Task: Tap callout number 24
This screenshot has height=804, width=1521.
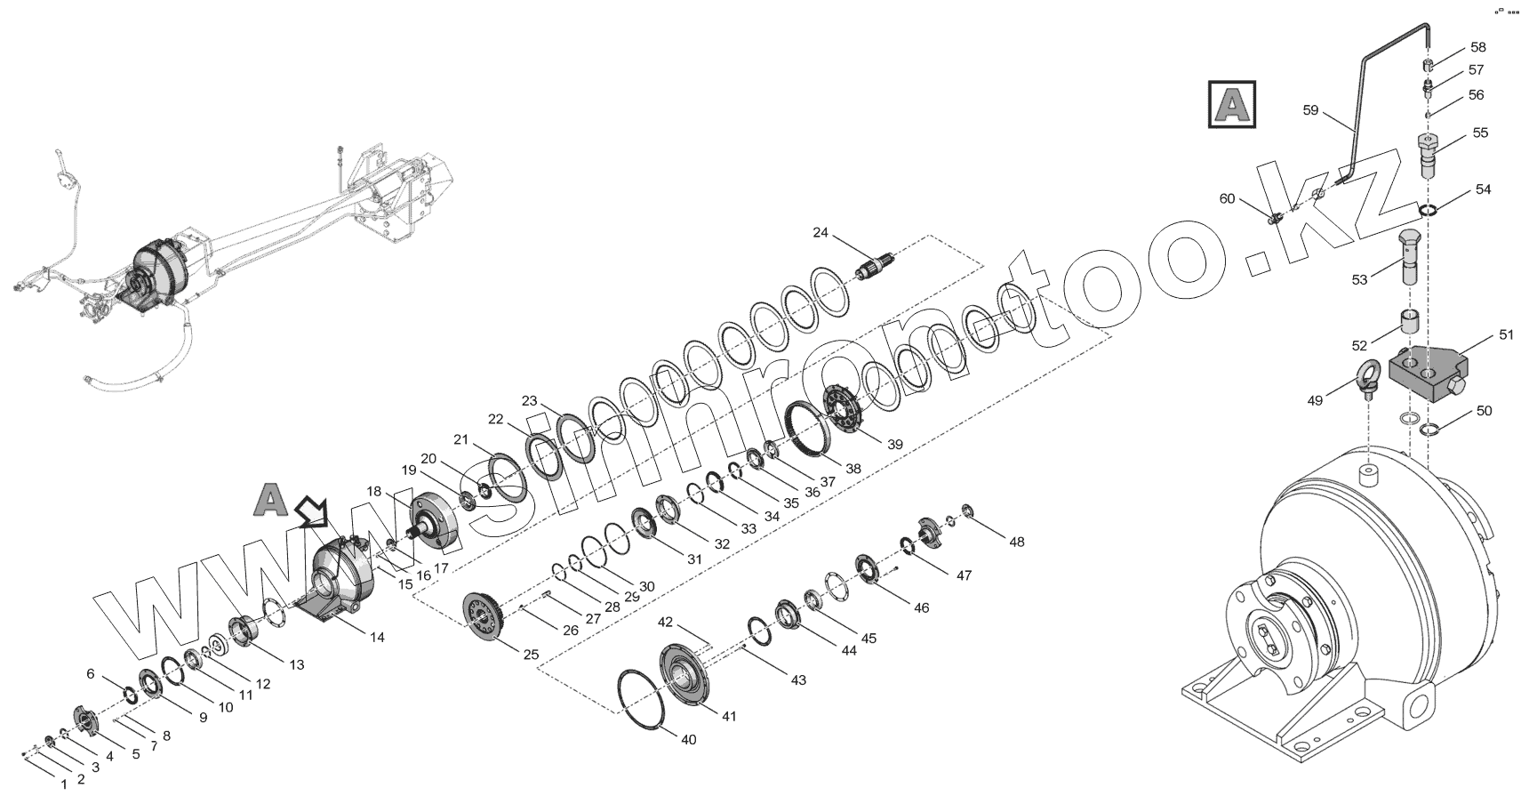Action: [x=820, y=233]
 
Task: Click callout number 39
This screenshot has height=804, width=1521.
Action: [x=893, y=445]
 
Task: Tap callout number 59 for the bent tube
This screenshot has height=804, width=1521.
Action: [x=1310, y=110]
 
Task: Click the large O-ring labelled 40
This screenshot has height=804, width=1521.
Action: [x=647, y=699]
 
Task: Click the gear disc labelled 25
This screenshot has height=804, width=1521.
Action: [x=487, y=615]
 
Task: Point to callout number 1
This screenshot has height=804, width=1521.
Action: [x=63, y=784]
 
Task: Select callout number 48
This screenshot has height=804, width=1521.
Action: [x=1016, y=542]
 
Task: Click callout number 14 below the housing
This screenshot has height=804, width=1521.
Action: [x=377, y=637]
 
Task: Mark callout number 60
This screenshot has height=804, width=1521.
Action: [x=1227, y=199]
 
